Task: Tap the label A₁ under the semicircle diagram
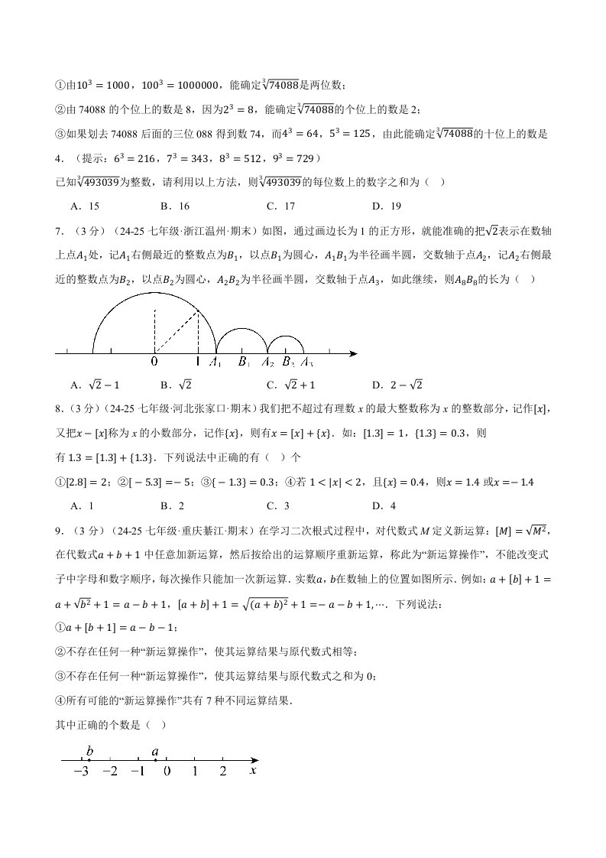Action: [x=216, y=362]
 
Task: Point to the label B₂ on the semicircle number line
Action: [x=288, y=362]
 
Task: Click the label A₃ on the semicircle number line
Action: [x=307, y=362]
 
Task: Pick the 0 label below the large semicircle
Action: [x=154, y=362]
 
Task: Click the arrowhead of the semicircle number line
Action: [x=353, y=353]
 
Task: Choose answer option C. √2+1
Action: [x=290, y=385]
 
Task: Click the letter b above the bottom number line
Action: [x=89, y=752]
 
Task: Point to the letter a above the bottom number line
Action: [x=155, y=752]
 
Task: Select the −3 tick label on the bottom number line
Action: [x=80, y=772]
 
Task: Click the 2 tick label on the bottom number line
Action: [x=222, y=772]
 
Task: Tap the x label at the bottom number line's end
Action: [x=253, y=771]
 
